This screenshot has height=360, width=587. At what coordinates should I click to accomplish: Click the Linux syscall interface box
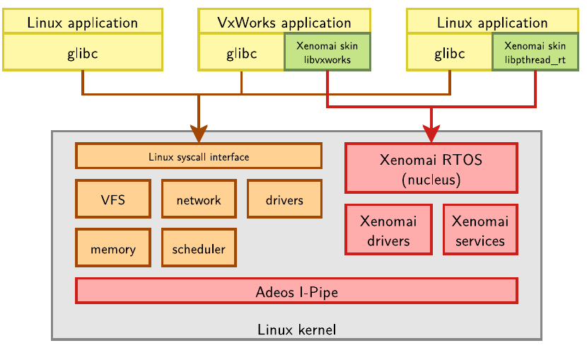pyautogui.click(x=199, y=156)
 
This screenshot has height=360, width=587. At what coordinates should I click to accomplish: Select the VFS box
pyautogui.click(x=113, y=199)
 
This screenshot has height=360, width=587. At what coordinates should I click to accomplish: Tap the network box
pyautogui.click(x=199, y=199)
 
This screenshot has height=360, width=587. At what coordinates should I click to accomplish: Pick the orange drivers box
pyautogui.click(x=284, y=199)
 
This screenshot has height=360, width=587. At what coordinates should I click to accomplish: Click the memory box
pyautogui.click(x=113, y=249)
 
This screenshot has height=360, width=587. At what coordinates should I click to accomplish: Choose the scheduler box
pyautogui.click(x=199, y=249)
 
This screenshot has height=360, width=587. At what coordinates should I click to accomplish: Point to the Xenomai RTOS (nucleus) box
pyautogui.click(x=431, y=168)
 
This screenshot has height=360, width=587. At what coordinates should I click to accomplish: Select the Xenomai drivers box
pyautogui.click(x=388, y=230)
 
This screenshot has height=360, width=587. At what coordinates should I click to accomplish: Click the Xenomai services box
pyautogui.click(x=480, y=230)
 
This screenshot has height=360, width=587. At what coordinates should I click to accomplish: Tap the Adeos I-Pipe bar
pyautogui.click(x=296, y=291)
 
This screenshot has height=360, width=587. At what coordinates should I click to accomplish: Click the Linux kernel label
pyautogui.click(x=296, y=329)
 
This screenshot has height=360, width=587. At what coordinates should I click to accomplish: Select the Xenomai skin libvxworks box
pyautogui.click(x=327, y=52)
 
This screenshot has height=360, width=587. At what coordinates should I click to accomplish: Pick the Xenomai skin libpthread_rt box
pyautogui.click(x=535, y=52)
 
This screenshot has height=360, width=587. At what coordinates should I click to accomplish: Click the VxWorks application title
pyautogui.click(x=284, y=22)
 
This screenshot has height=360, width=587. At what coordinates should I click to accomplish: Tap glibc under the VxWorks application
pyautogui.click(x=241, y=53)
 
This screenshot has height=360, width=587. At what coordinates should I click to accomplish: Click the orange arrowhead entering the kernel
pyautogui.click(x=199, y=132)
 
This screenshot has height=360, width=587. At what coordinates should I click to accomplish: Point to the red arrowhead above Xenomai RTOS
pyautogui.click(x=431, y=132)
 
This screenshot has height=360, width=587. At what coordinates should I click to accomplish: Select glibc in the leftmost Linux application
pyautogui.click(x=83, y=53)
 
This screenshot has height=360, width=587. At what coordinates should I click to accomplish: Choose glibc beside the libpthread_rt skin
pyautogui.click(x=449, y=53)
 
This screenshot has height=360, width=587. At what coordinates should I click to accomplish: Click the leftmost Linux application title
pyautogui.click(x=83, y=22)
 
